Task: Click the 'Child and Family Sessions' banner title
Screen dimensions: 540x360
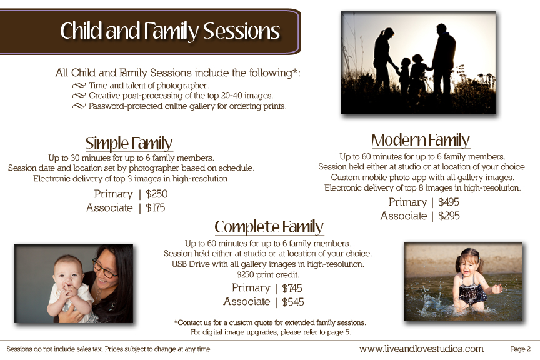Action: click(170, 31)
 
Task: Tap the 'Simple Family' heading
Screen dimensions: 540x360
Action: click(129, 143)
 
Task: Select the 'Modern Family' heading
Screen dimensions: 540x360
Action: click(421, 140)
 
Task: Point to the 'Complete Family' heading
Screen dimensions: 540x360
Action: click(269, 227)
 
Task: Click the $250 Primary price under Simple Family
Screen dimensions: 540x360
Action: click(157, 194)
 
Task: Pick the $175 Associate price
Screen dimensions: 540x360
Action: click(156, 207)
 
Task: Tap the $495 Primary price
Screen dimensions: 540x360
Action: click(448, 202)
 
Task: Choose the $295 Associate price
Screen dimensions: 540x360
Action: click(449, 216)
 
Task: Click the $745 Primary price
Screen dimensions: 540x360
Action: click(292, 288)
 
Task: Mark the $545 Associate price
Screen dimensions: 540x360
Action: click(292, 302)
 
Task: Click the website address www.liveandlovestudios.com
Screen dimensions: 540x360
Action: click(421, 349)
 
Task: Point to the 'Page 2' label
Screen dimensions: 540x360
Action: click(521, 349)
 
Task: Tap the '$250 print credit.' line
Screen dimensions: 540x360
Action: click(268, 274)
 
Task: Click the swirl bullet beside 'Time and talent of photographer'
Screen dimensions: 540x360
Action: click(79, 85)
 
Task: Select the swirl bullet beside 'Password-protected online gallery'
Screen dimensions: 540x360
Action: click(79, 106)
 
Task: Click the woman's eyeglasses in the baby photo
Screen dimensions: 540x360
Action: click(105, 269)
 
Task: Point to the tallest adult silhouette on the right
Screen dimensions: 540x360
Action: click(443, 59)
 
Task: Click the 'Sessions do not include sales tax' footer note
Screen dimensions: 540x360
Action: click(108, 349)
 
